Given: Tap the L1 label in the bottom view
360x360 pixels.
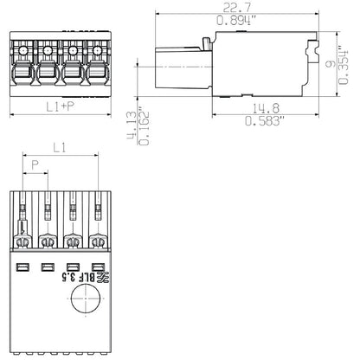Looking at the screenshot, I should (60, 150).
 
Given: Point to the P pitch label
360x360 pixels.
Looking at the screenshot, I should (35, 164).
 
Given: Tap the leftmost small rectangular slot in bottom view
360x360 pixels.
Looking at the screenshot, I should (23, 267).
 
